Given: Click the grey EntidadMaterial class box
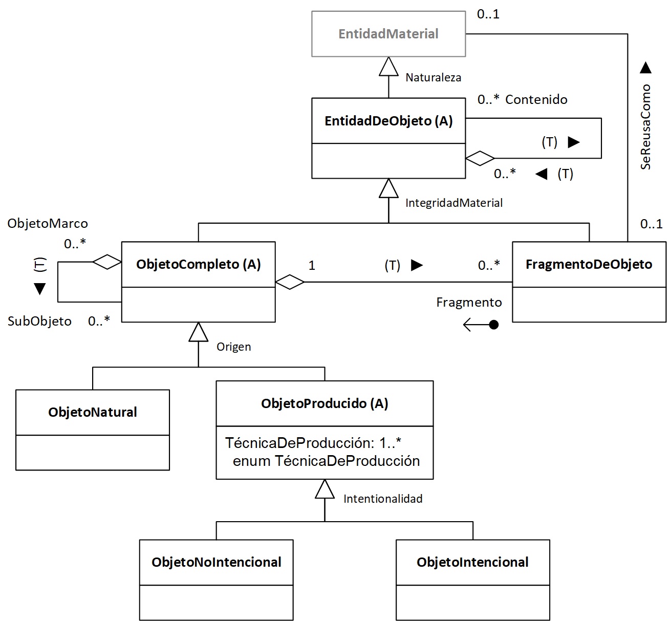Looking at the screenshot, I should [x=388, y=34].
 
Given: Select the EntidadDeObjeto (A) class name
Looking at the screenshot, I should [x=388, y=121].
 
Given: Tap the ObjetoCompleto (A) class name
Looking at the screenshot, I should [x=199, y=264].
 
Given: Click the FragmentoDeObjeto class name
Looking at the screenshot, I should [x=589, y=264].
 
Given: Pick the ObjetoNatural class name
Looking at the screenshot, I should [x=93, y=412].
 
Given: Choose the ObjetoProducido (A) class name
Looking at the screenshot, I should [x=324, y=403].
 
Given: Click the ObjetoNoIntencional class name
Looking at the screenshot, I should [x=216, y=562].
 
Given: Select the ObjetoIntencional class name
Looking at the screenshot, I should [x=472, y=562].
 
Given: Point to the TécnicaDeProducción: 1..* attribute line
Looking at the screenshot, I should [x=313, y=443].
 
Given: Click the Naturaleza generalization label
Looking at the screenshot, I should [x=433, y=78].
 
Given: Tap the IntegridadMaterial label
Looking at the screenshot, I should [x=453, y=203].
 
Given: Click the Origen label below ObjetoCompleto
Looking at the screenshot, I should [x=233, y=347].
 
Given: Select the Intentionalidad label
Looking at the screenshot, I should [x=383, y=499].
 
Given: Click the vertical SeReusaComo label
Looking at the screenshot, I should [x=645, y=127].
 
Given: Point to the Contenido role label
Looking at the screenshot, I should [x=536, y=100].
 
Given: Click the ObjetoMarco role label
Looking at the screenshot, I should [x=48, y=224].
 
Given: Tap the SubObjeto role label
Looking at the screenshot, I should [x=39, y=322].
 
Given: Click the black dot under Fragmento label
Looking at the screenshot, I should [x=493, y=325].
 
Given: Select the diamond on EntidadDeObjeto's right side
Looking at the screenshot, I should [x=480, y=158].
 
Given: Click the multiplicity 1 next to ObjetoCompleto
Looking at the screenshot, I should [x=312, y=265].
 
